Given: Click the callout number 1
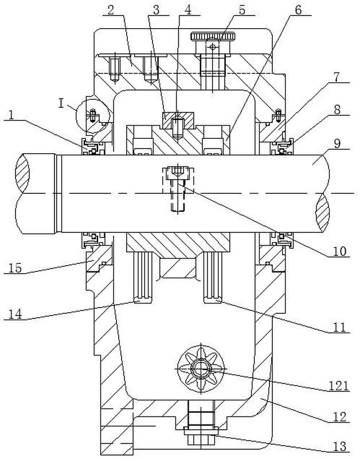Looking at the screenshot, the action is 11,115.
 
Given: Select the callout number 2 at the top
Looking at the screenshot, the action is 111,10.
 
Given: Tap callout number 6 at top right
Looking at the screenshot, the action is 298,10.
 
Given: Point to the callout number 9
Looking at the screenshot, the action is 337,144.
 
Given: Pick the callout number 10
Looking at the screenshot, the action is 340,251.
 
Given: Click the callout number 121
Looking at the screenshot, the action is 338,386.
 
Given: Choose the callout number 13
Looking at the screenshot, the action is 340,446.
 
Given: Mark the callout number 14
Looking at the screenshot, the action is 15,314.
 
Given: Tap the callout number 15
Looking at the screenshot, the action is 15,268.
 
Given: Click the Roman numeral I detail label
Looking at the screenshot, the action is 61,103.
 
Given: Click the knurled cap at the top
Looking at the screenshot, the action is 213,37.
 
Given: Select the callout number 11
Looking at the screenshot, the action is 339,327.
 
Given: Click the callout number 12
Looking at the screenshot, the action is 339,417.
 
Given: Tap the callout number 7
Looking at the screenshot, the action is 336,77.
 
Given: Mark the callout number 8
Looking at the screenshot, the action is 337,110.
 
